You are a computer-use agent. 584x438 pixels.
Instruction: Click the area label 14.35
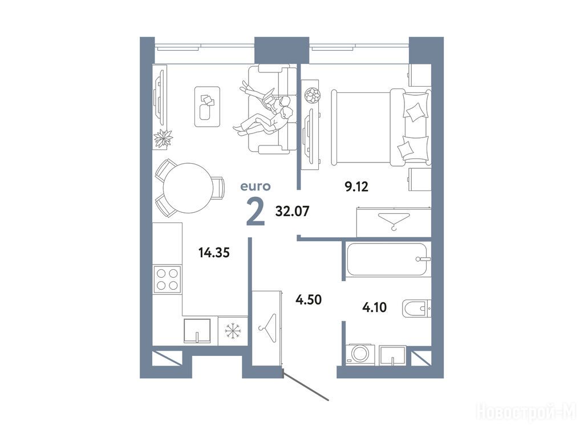click(x=214, y=253)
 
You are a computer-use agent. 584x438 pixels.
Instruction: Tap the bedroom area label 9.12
click(x=356, y=186)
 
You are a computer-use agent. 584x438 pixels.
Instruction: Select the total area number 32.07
click(x=293, y=211)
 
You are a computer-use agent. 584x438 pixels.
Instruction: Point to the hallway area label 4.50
click(x=309, y=299)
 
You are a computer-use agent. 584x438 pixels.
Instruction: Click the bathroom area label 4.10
click(x=374, y=307)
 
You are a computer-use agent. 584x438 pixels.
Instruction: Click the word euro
click(x=255, y=186)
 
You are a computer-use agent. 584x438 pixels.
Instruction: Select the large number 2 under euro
click(x=255, y=212)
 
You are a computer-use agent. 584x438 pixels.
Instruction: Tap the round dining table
click(x=188, y=188)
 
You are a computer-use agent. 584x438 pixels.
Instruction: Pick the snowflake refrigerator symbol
click(x=233, y=330)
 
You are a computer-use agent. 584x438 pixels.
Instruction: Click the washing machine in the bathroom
click(x=360, y=354)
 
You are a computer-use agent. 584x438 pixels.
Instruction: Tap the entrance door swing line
click(x=306, y=385)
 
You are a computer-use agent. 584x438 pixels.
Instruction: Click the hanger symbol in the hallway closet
click(x=267, y=328)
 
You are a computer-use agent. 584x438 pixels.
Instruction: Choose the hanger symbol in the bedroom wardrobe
click(x=394, y=221)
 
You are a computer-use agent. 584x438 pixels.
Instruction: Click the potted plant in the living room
click(x=164, y=139)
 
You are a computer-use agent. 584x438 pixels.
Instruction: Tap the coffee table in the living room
click(x=208, y=107)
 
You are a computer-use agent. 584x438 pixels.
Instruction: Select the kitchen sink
click(x=197, y=330)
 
